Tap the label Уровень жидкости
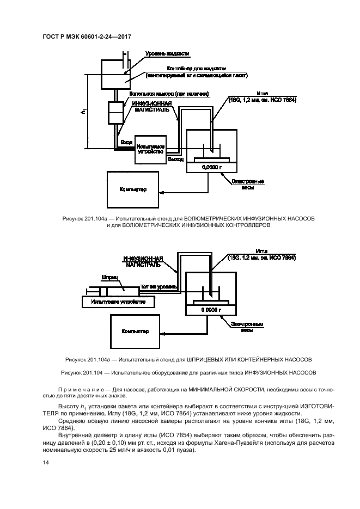click(167, 54)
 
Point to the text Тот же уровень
click(158, 285)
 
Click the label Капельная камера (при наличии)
click(169, 94)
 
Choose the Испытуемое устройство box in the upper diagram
click(151, 150)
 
